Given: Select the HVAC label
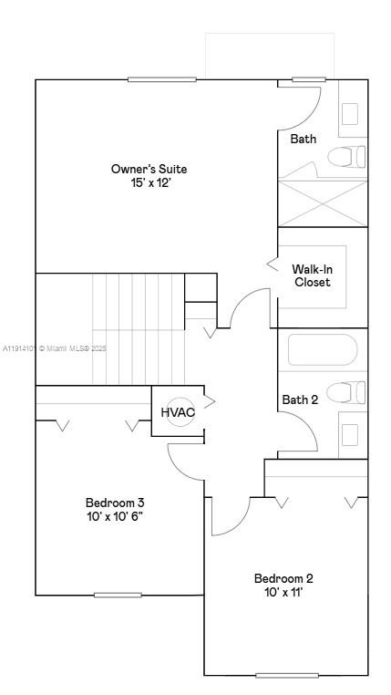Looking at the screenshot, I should coord(178,412).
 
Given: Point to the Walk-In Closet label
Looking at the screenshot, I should coord(311,275).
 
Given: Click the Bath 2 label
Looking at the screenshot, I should coord(300,399).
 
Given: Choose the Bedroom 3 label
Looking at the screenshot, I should coord(115,503).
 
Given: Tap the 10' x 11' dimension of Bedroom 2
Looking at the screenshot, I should coord(283,593).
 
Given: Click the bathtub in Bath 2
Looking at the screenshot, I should coord(323,351).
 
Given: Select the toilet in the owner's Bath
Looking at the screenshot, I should coord(345,157).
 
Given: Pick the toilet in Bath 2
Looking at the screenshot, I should coord(345,393).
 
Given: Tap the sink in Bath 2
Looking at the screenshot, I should coord(350,433).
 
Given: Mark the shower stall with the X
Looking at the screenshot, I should coord(322,203).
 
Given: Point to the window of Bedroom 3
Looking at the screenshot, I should coord(118,595).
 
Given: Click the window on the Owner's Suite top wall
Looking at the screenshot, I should coord(162,79).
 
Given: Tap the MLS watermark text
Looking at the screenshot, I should coord(55,348).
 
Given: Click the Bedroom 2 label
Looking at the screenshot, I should coord(283,578).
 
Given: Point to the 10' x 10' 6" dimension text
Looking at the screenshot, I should coord(115,517).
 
